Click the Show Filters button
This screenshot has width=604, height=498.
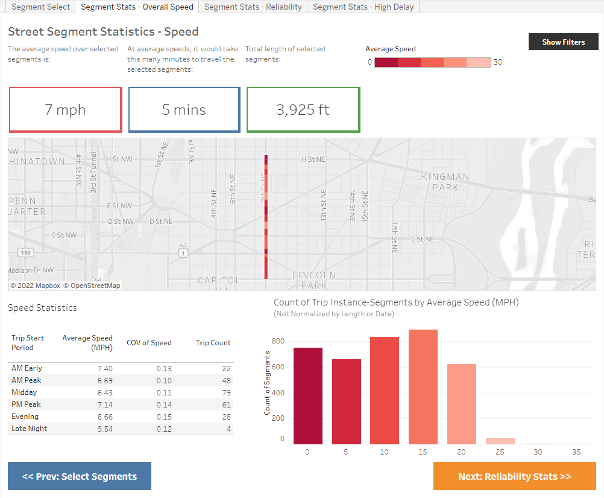coord(563,42)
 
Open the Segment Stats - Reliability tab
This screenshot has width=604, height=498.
coord(253,7)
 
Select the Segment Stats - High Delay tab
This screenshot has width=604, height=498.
coord(363,7)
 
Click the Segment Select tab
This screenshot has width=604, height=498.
coord(41,7)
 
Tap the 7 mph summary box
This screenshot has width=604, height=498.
coord(65,110)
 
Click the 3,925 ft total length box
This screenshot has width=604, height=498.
coord(303,110)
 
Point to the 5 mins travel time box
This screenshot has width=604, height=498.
coord(184,110)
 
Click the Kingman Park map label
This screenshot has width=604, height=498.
coord(445,182)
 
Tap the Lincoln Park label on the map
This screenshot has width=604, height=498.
coord(314,280)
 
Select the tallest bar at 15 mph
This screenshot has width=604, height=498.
coord(423,386)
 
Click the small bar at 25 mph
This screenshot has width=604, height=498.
coord(500,441)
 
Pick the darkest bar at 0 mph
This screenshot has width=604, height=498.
coord(308,395)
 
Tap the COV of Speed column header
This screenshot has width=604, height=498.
coord(149,343)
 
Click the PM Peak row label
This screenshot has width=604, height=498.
coord(27,404)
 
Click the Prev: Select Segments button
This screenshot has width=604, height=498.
coord(80,476)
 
